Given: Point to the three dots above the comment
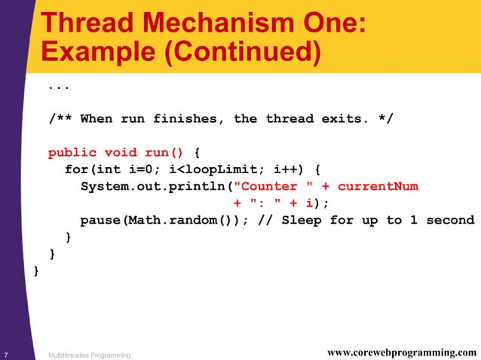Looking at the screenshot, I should (58, 87).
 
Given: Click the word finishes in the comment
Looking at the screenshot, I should (189, 119).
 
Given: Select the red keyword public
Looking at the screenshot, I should (72, 153).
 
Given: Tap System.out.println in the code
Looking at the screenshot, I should (154, 187).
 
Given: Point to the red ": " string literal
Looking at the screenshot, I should (269, 203).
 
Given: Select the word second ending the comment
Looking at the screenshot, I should (450, 221).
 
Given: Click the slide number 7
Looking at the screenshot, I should (6, 354).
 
